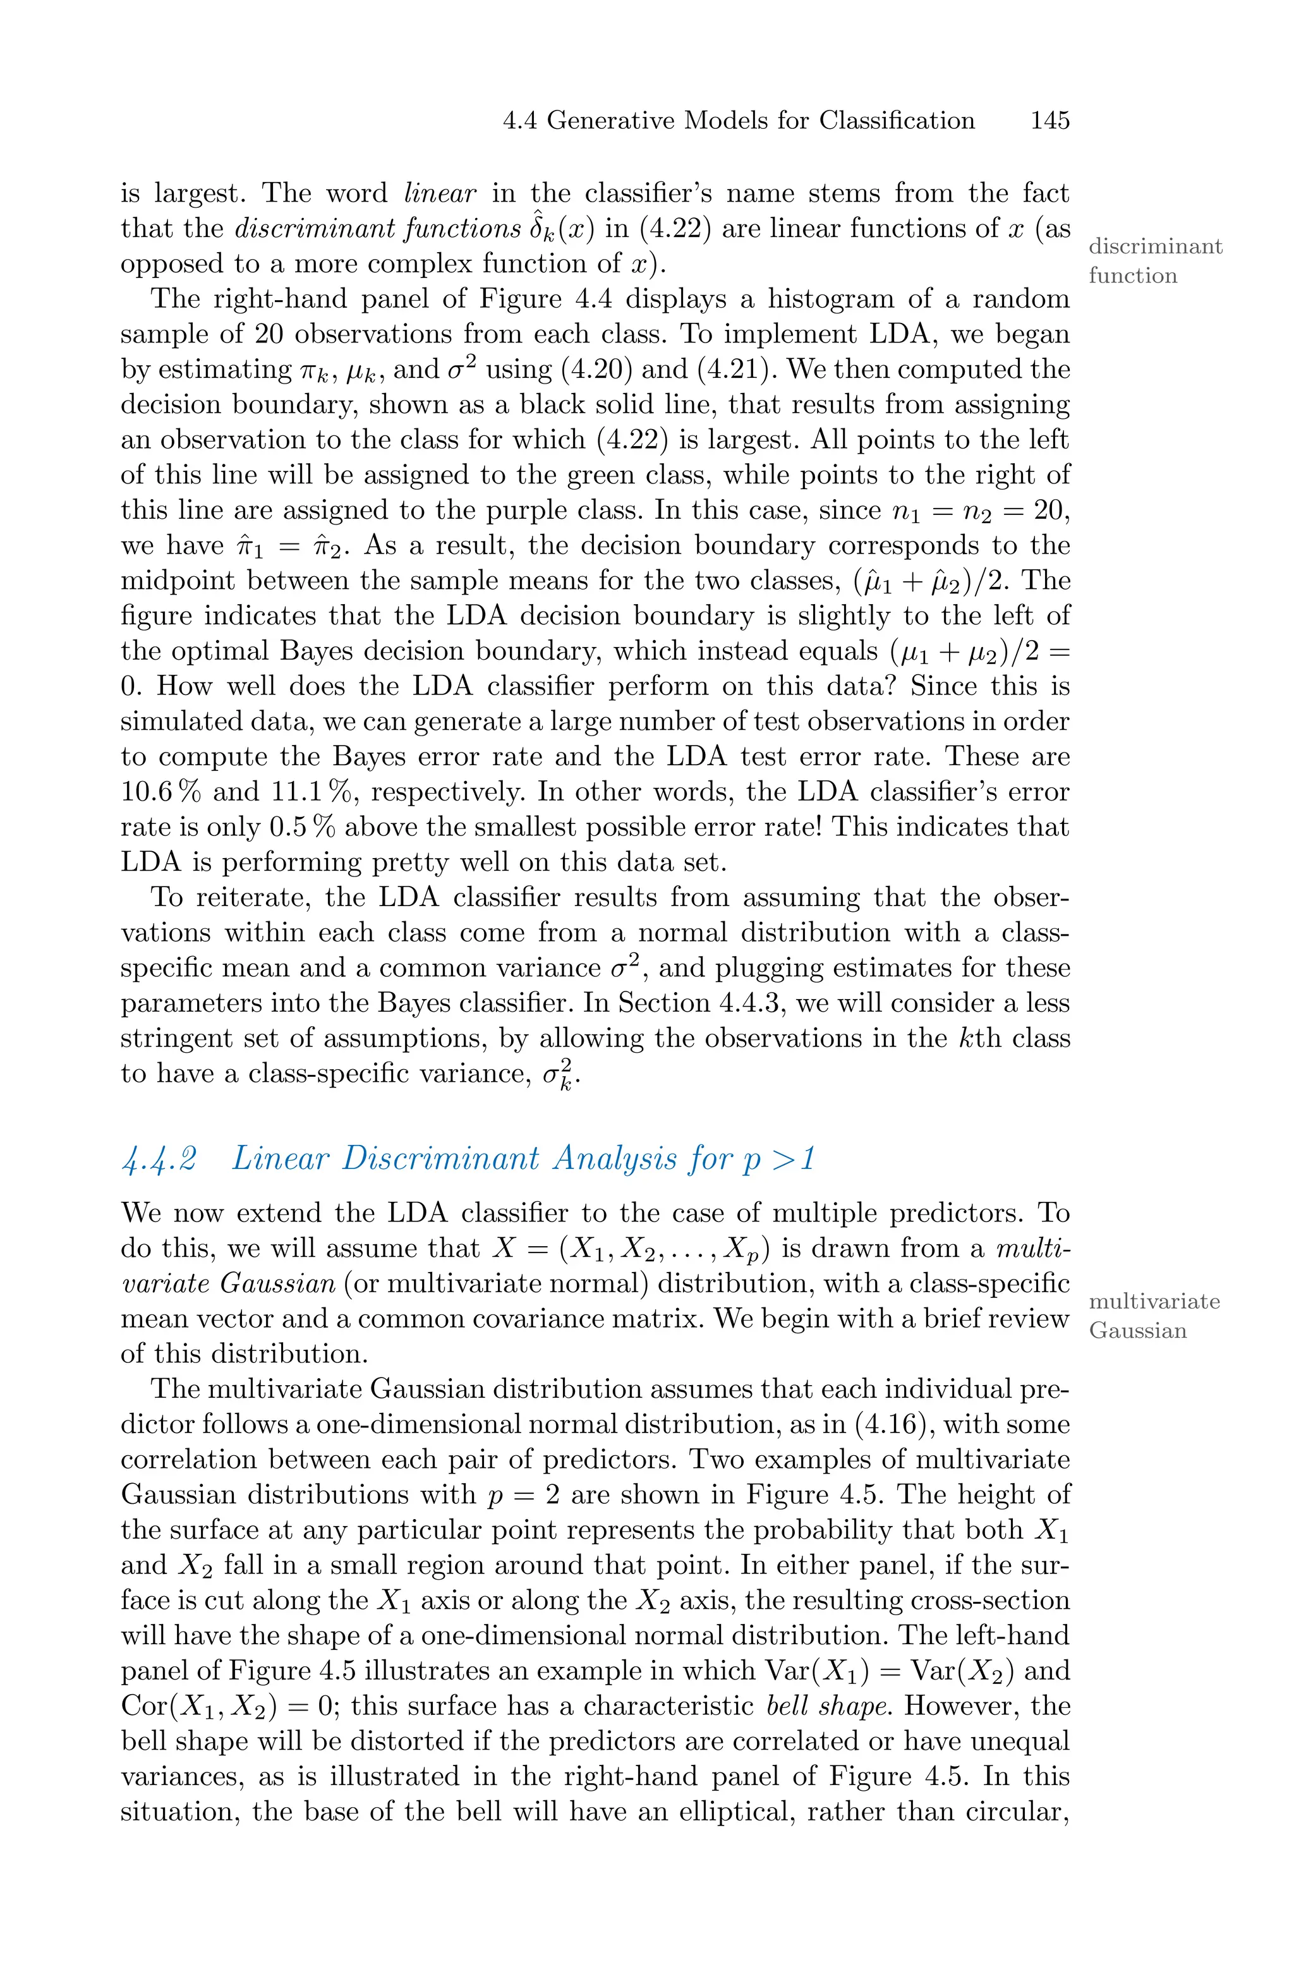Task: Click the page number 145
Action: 1049,121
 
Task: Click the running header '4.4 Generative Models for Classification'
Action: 739,121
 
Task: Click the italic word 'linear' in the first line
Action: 440,194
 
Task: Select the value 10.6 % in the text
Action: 161,792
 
